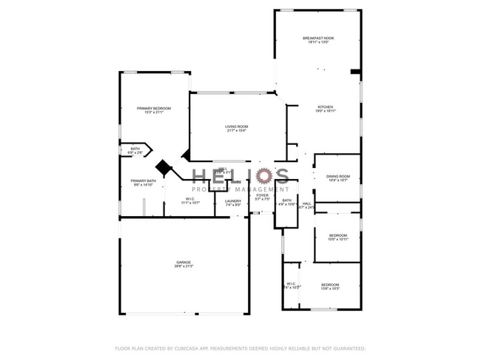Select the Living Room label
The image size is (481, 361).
(237, 126)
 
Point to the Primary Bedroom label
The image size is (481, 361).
(154, 109)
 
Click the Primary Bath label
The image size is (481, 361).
(144, 181)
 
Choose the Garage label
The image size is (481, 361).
(184, 263)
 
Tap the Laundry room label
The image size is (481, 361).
(233, 201)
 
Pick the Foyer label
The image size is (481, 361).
(263, 195)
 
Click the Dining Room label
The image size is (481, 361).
(338, 176)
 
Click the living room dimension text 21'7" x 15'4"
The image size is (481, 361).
(237, 131)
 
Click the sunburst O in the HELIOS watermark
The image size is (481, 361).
(260, 175)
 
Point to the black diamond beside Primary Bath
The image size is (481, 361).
(164, 168)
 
